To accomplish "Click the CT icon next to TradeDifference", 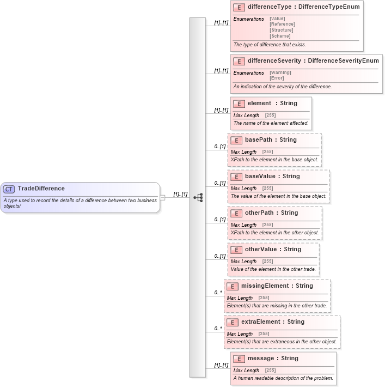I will coord(9,189).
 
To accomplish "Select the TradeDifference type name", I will coord(41,189).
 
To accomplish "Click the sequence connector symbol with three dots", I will coord(198,197).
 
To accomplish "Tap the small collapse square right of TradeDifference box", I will coord(162,197).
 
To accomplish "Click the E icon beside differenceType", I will coord(239,8).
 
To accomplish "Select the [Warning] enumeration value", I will coord(280,72).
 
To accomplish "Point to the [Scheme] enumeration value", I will coord(281,36).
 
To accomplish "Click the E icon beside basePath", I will coord(236,140).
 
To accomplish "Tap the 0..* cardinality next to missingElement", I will coord(218,293).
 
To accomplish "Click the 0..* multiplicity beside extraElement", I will coord(218,329).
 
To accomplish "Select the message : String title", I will coord(273,358).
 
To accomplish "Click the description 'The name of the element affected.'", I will coord(271,123).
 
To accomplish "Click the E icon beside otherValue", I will coord(236,250).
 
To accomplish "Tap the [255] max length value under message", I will coord(270,371).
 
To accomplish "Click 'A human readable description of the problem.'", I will coord(283,378).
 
